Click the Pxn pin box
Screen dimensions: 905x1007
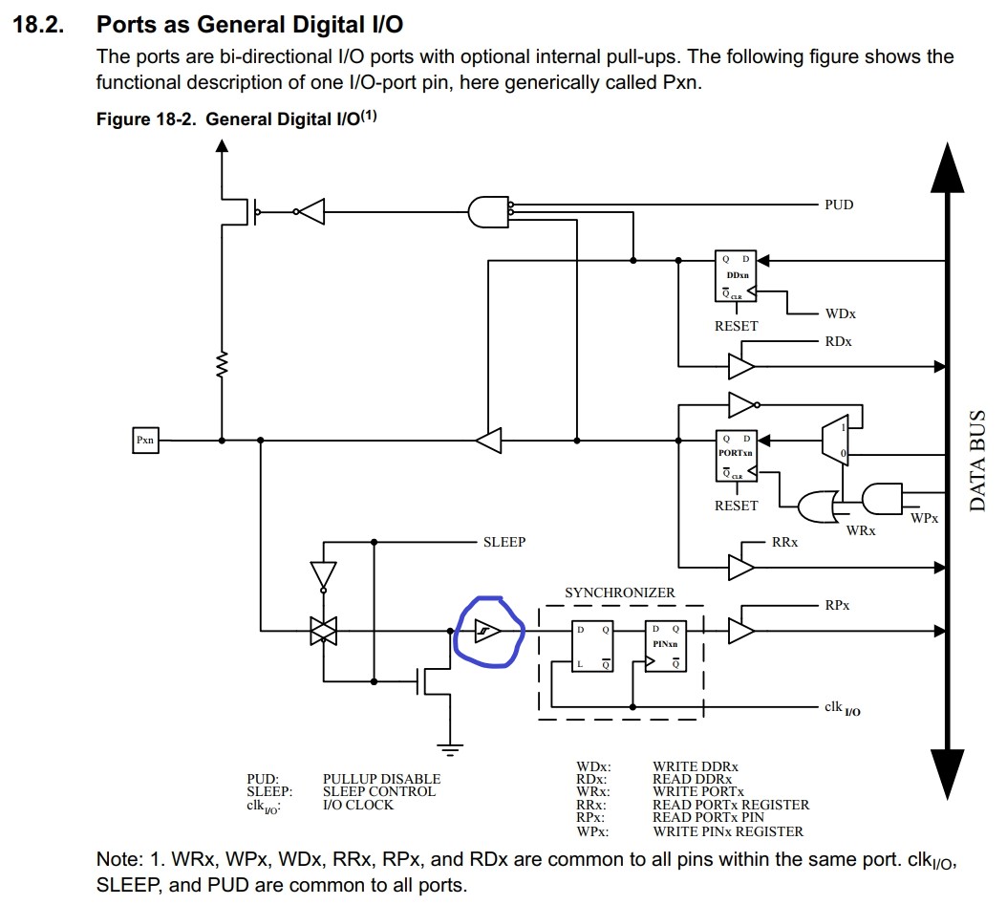pos(145,441)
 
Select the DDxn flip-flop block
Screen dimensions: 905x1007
pos(736,277)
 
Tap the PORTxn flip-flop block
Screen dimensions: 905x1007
pos(736,455)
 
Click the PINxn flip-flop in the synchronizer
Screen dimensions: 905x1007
pos(665,647)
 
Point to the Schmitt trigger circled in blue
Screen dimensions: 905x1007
pos(488,632)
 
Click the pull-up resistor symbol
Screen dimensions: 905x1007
pos(222,364)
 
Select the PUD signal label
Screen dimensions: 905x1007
pos(838,205)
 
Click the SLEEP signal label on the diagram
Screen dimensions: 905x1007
pos(503,542)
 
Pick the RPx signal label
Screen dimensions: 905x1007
pos(837,605)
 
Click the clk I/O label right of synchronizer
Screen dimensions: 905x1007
pos(841,707)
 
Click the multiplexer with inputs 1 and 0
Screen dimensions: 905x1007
pos(833,441)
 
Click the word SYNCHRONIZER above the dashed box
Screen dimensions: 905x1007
pos(619,593)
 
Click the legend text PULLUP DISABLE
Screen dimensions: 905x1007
pos(381,779)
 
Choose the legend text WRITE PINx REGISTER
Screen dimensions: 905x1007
pos(727,830)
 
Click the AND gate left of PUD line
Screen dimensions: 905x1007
pos(488,211)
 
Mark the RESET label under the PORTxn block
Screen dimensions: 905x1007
pos(736,506)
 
